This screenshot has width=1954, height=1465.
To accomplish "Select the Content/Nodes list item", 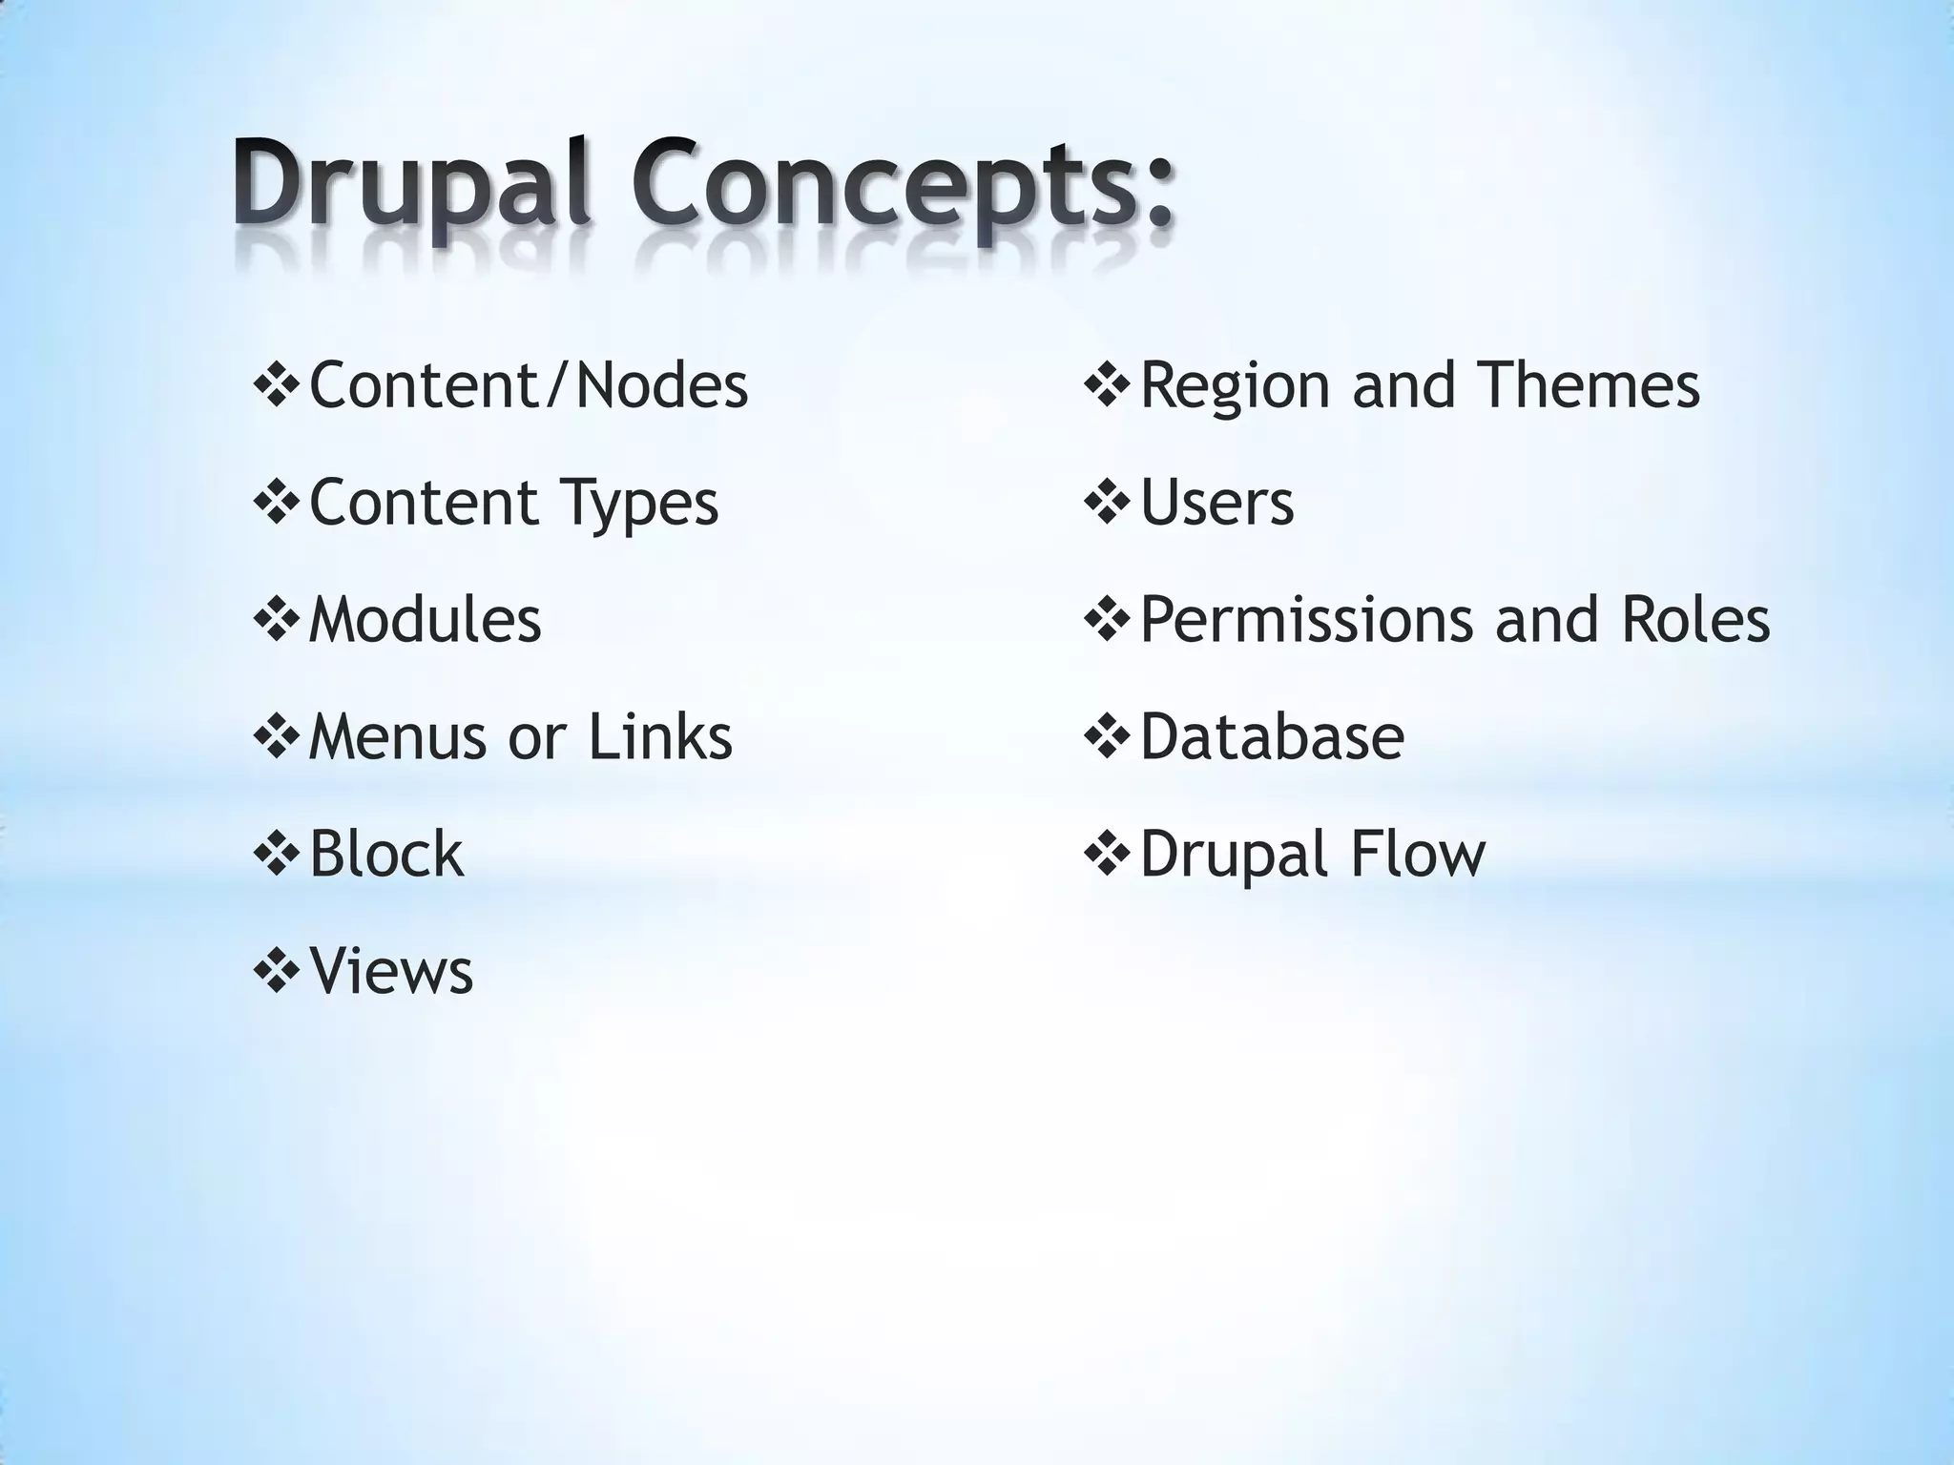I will click(x=529, y=385).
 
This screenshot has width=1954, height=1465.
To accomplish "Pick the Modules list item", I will click(x=425, y=620).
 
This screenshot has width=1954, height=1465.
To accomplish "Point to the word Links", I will click(x=659, y=737).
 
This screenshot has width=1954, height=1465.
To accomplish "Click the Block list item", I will click(x=386, y=854).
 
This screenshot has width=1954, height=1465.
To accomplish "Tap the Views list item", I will click(x=391, y=971).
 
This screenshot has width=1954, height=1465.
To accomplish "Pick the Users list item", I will click(x=1216, y=503).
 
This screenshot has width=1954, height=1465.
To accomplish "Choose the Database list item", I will click(x=1272, y=737).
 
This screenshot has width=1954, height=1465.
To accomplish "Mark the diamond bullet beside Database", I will click(x=1107, y=738).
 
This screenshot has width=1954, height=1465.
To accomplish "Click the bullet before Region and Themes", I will click(x=1107, y=387).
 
